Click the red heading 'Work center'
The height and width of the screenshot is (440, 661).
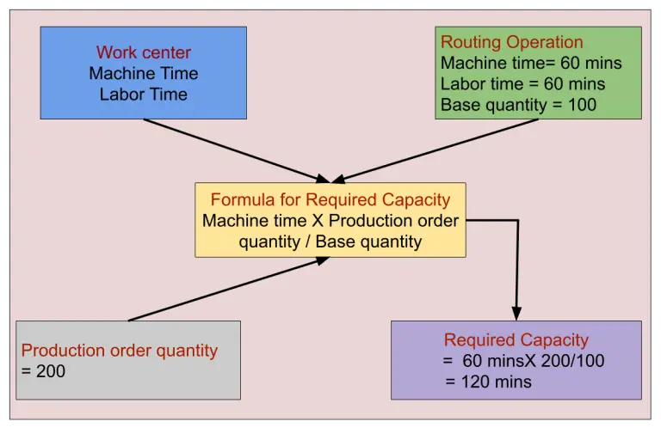point(143,52)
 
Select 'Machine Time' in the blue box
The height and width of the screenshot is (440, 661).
point(143,73)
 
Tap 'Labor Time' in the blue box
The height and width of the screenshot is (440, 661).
point(143,94)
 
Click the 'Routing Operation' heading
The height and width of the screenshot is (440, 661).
point(511,42)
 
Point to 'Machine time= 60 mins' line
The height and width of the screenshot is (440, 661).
point(530,63)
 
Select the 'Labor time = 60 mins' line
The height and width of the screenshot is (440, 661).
point(522,84)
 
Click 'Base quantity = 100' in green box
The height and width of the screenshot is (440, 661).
point(518,105)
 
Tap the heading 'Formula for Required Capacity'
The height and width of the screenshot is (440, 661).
point(330,199)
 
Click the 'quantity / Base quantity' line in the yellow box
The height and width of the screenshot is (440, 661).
point(330,241)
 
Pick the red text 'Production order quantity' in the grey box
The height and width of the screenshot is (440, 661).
point(120,351)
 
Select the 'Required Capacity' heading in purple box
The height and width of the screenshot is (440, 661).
point(516,340)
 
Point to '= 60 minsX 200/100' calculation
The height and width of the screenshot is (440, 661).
point(523,361)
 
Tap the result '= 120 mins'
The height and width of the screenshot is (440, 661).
point(488,382)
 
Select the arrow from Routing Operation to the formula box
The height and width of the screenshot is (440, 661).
point(439,150)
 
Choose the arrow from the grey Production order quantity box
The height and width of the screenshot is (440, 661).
point(228,290)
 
